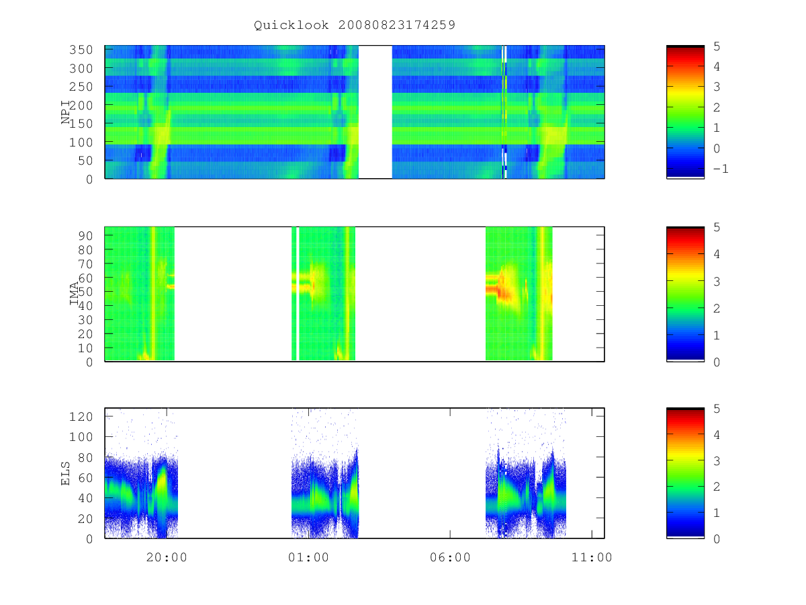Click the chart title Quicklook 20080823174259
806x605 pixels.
pos(355,25)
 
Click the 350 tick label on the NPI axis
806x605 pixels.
pos(81,50)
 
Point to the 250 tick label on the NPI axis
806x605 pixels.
pos(81,87)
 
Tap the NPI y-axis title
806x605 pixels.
pos(66,112)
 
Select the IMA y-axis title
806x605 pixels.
pos(74,294)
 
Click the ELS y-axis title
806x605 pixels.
pos(65,473)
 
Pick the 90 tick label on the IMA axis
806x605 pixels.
pos(85,236)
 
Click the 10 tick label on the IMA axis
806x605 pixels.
pos(85,348)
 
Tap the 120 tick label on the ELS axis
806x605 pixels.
pos(81,417)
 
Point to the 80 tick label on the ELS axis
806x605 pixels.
pos(85,457)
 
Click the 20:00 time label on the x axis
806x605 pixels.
pos(167,557)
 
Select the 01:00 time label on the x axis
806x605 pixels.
pos(308,557)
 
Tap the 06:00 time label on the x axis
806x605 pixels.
pos(450,557)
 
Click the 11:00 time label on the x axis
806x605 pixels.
pos(592,557)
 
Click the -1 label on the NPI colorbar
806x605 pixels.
pos(721,169)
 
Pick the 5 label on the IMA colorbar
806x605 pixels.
pos(717,227)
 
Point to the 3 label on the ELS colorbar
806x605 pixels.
pos(717,461)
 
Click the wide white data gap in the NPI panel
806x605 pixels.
pos(375,112)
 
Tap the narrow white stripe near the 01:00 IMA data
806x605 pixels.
pos(298,294)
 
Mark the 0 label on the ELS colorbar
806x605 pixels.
pos(717,539)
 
